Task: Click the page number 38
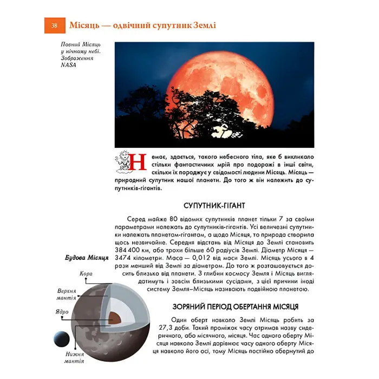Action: [x=54, y=25]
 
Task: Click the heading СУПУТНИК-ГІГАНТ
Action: [x=215, y=206]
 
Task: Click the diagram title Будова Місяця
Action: [x=87, y=258]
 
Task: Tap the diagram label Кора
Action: [x=86, y=274]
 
